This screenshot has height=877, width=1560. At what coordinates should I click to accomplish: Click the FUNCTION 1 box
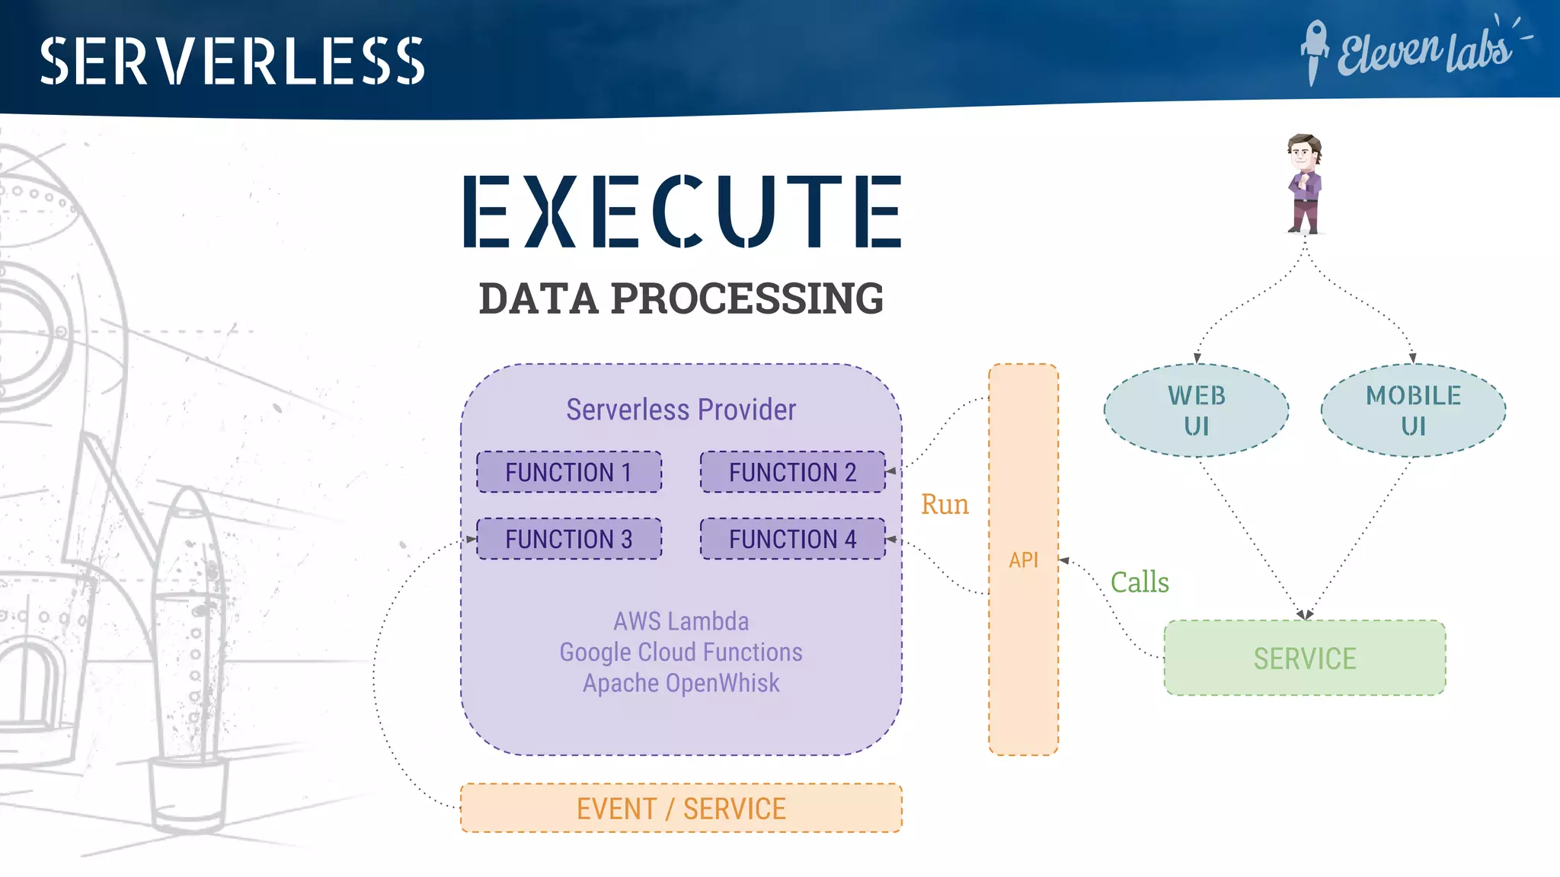pos(569,472)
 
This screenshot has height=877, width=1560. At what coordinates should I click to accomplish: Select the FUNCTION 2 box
pos(792,472)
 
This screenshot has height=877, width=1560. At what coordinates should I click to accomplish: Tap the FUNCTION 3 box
pos(569,539)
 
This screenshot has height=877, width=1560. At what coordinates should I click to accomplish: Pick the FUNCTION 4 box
pos(792,539)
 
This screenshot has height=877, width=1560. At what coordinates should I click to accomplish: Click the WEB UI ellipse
pos(1196,410)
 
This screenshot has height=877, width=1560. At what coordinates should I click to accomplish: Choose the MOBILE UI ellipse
pos(1413,410)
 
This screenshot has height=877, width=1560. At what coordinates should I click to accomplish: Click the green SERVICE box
pos(1304,658)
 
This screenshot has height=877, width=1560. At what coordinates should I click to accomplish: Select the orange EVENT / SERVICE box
pos(681,808)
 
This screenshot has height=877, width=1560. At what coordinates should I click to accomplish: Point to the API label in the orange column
pos(1023,560)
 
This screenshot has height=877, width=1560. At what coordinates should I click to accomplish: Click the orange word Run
pos(945,505)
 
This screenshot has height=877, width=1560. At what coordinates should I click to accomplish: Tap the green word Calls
pos(1139,582)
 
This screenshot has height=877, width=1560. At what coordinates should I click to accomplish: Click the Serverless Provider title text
pos(681,410)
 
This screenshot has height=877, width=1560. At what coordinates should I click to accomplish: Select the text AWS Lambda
pos(681,621)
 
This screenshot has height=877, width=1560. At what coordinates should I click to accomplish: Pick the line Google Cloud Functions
pos(681,652)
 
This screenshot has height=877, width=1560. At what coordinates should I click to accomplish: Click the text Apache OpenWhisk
pos(681,683)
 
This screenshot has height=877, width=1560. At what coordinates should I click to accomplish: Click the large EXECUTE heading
pos(682,211)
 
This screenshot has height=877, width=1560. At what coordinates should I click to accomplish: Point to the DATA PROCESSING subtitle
pos(681,298)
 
